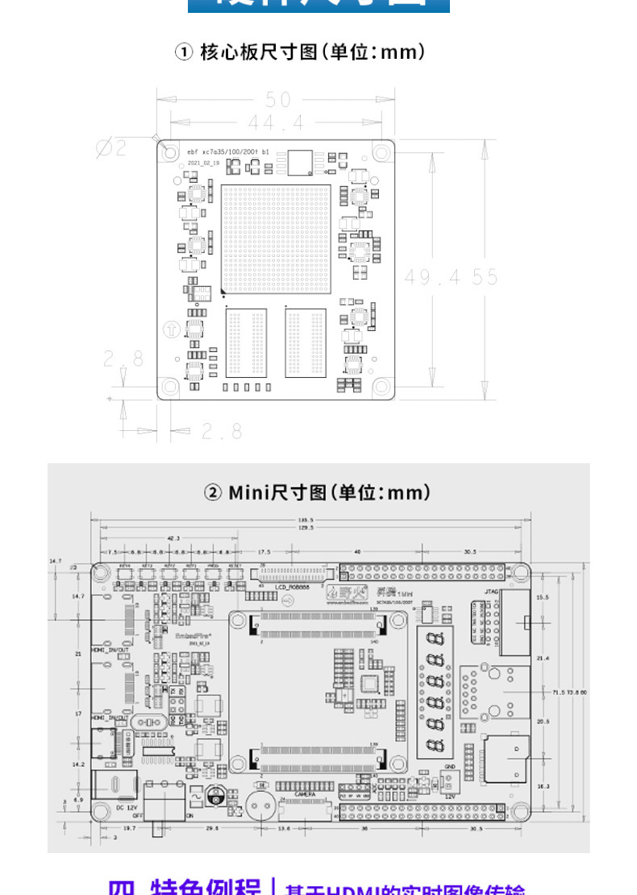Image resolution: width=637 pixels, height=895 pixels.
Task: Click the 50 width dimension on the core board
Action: click(x=278, y=100)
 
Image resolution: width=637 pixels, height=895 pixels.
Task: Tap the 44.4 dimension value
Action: click(x=276, y=123)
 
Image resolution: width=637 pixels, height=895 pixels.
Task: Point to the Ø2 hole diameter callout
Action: click(x=111, y=147)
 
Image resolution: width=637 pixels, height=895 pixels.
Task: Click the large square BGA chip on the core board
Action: click(x=276, y=239)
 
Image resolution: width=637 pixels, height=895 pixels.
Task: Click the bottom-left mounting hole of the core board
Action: click(x=170, y=387)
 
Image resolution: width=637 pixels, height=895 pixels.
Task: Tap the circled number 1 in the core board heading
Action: click(x=184, y=52)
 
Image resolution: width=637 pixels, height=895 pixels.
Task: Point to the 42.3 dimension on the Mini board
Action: click(x=173, y=537)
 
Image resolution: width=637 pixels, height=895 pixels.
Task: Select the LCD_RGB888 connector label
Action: click(x=293, y=587)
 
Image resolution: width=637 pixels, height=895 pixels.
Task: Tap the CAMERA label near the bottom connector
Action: click(x=304, y=793)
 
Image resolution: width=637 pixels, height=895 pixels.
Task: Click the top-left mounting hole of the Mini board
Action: click(x=100, y=573)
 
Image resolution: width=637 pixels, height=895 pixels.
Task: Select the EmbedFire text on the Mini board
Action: click(x=172, y=635)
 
